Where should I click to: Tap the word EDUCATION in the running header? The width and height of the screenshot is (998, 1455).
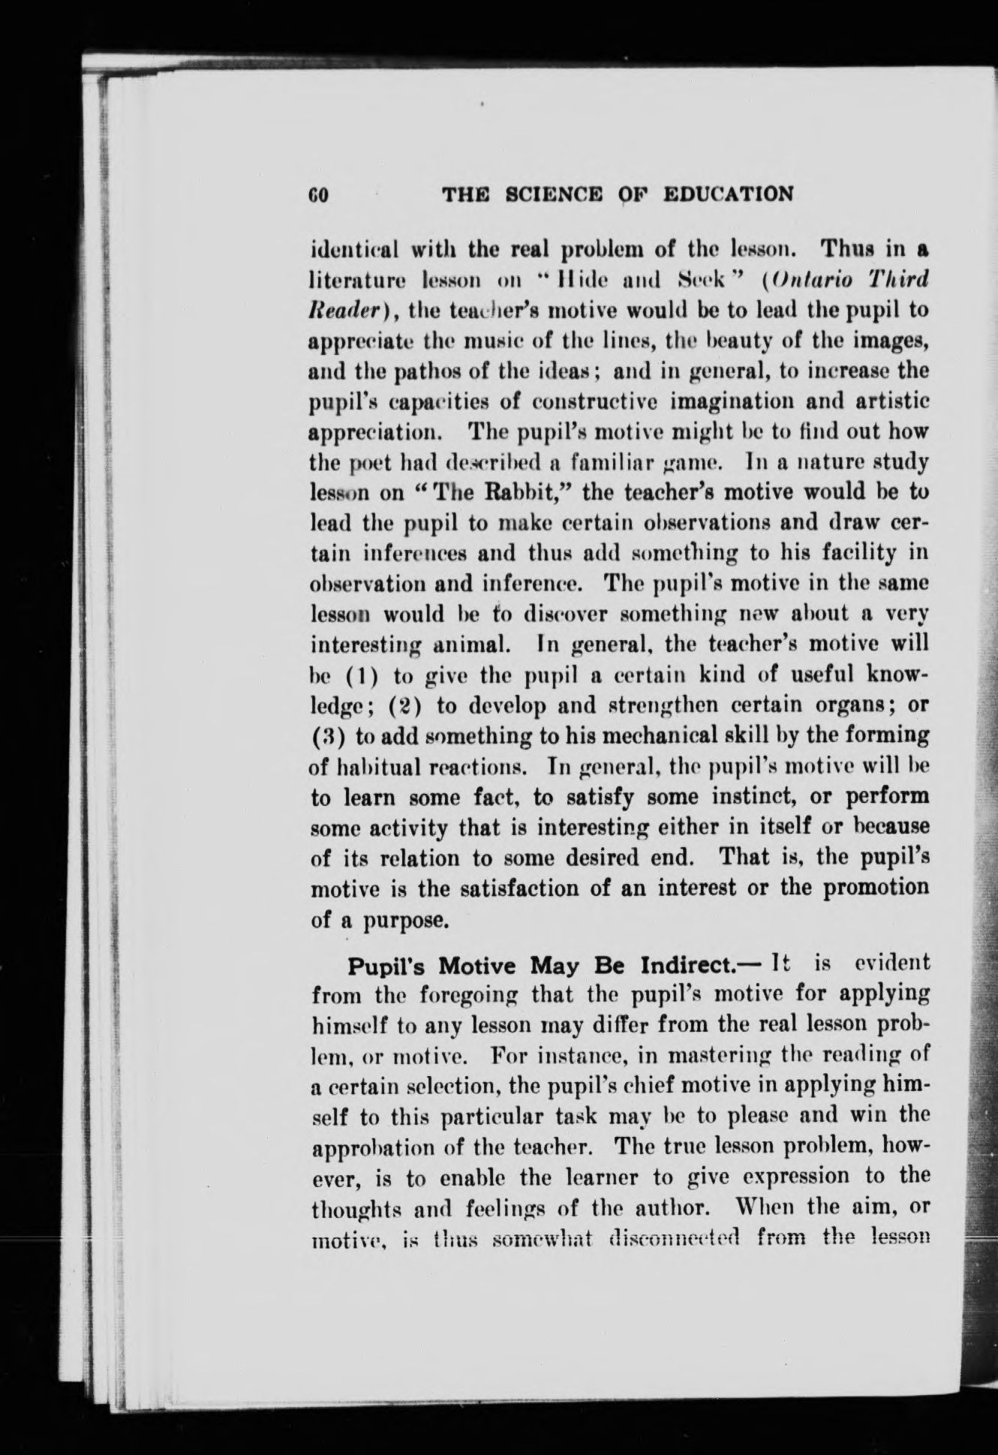point(728,195)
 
